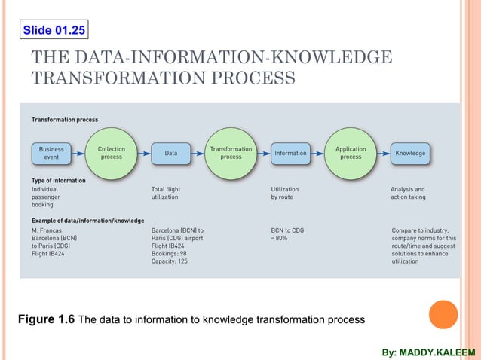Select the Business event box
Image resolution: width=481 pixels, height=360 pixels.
[51, 154]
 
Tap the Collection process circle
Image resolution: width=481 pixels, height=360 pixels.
[112, 153]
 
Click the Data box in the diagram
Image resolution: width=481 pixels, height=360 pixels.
[171, 154]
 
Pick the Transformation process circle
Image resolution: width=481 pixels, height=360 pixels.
[231, 153]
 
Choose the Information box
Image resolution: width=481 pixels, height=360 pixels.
[290, 154]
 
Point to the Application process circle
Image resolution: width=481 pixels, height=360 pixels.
[351, 153]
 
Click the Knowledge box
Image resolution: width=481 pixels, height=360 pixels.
[410, 154]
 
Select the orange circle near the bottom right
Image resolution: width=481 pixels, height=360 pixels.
[443, 315]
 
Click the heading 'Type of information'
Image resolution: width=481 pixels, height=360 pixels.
[58, 181]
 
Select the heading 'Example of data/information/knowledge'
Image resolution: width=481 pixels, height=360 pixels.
[87, 221]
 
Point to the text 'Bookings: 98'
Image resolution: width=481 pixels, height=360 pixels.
[171, 254]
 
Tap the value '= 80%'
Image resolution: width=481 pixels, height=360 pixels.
[279, 238]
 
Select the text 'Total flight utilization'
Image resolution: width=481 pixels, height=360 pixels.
[166, 193]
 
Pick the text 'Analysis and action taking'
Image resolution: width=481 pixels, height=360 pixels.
[408, 193]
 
